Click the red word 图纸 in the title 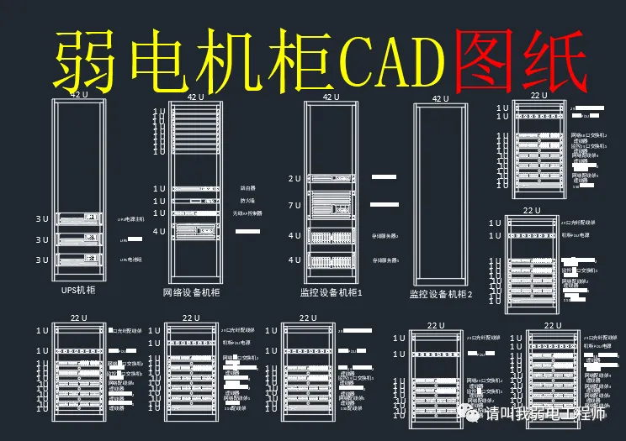517,59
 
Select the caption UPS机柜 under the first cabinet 78,290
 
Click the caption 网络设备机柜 191,292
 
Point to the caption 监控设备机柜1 331,293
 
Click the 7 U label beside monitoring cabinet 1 294,205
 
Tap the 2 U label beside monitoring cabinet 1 294,178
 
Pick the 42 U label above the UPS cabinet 78,95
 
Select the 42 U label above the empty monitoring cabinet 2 440,98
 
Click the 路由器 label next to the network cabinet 247,189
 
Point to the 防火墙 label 247,202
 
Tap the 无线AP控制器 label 247,213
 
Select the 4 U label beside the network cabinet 159,231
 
